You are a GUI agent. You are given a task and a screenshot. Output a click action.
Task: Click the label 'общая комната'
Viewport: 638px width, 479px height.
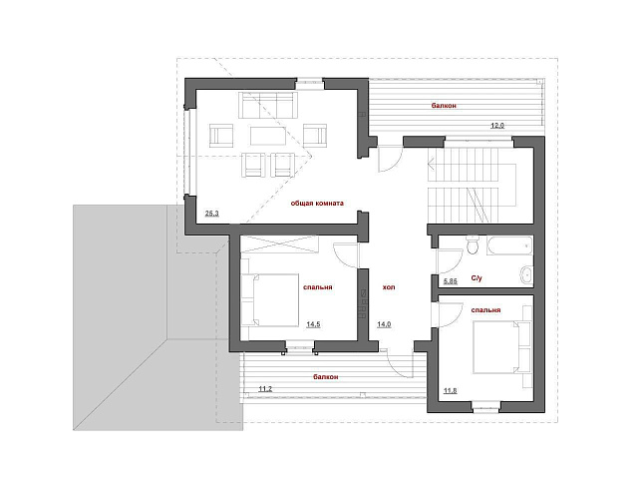(x=317, y=203)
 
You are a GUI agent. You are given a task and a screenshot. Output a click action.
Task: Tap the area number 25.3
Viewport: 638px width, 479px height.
(x=212, y=213)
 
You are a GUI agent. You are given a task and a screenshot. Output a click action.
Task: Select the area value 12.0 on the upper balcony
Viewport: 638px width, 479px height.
(x=497, y=126)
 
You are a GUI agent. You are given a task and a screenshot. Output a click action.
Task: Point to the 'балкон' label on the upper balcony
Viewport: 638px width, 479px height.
(x=444, y=106)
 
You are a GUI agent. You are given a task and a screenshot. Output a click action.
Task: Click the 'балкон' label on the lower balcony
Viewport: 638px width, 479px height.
(x=326, y=377)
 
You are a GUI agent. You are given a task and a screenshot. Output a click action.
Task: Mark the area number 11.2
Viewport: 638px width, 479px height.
(x=265, y=389)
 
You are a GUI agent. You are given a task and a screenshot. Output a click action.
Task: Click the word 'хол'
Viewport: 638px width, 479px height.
(x=389, y=287)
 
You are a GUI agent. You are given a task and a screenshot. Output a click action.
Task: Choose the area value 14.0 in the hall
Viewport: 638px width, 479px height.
(x=384, y=324)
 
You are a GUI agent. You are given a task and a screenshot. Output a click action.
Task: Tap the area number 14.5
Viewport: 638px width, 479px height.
(x=313, y=324)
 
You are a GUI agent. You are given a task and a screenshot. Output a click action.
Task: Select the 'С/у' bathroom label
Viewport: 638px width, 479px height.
(x=477, y=278)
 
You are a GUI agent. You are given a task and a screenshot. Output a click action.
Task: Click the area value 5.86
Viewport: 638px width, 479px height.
(x=451, y=281)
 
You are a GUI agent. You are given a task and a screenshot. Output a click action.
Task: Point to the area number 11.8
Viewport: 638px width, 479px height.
(x=450, y=391)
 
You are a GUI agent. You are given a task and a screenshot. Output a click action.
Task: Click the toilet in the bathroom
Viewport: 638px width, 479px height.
(x=473, y=244)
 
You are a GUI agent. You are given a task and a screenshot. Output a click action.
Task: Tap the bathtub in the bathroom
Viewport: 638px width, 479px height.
(x=509, y=245)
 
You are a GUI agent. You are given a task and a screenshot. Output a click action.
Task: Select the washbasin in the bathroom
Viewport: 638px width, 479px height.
(x=526, y=275)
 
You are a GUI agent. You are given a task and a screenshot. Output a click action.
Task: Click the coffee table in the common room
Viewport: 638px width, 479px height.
(x=268, y=136)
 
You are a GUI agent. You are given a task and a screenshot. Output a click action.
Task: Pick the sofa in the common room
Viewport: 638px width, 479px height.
(x=268, y=105)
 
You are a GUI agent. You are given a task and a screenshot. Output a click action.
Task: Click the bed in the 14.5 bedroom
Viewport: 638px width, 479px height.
(x=270, y=300)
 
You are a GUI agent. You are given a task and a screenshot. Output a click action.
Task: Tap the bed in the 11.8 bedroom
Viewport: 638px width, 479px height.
(x=502, y=346)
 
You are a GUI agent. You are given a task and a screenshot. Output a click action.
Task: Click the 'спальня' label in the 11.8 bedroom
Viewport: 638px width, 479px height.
(x=485, y=310)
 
